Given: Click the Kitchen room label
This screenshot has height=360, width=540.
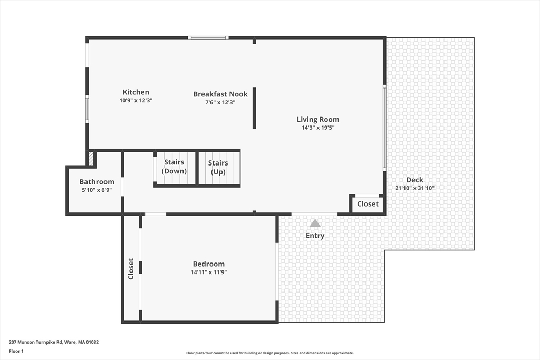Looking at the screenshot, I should tap(136, 92).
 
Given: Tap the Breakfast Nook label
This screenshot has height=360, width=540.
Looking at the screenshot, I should tap(220, 94).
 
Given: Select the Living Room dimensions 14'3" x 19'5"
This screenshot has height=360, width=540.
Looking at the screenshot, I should tap(317, 128).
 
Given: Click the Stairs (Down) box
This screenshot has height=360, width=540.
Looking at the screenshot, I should tap(174, 167).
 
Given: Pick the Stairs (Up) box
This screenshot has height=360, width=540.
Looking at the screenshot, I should tap(218, 168).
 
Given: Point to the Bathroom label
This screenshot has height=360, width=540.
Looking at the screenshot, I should tap(97, 182).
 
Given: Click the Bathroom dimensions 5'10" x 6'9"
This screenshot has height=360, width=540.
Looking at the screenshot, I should tap(97, 190).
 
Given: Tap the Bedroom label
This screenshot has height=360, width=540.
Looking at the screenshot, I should tap(208, 264).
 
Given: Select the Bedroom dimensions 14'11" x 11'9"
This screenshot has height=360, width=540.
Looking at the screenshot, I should tap(208, 273).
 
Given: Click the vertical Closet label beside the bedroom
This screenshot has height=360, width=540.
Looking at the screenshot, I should tap(131, 268).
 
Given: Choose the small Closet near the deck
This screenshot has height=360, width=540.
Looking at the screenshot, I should tap(368, 204).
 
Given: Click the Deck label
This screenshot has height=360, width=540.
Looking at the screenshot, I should tap(414, 180).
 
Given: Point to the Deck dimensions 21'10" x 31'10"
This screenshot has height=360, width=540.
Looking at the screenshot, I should tap(414, 188).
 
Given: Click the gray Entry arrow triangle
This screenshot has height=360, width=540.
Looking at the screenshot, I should tap(315, 223).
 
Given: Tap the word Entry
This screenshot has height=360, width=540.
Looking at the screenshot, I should tap(315, 236).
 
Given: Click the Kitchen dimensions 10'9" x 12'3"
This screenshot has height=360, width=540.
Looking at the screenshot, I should tap(136, 100).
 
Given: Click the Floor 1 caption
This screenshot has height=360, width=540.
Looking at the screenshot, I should tap(16, 351).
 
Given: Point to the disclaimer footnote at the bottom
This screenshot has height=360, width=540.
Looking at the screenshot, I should tap(269, 353).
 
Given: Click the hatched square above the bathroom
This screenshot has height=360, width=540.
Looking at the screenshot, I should tap(91, 159).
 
